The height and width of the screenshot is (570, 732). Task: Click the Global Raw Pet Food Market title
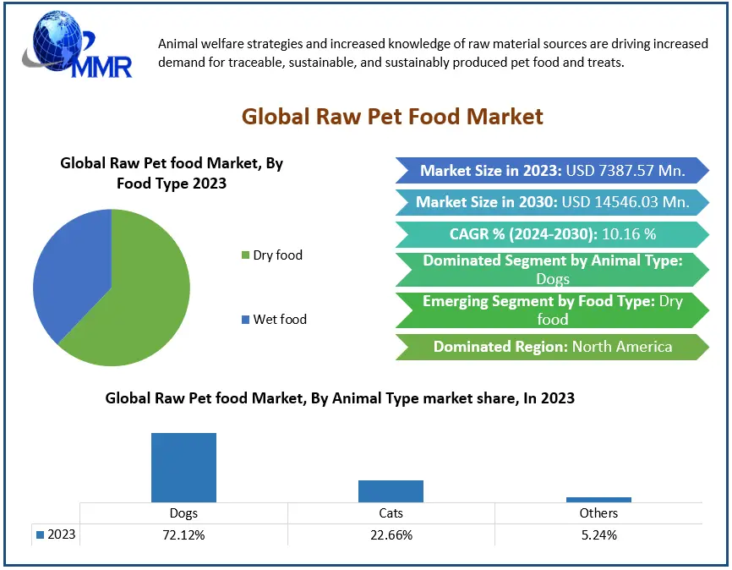392,116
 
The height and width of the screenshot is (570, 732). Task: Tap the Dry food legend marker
245,255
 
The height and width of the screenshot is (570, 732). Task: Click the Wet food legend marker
245,320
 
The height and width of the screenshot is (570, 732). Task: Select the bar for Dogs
183,467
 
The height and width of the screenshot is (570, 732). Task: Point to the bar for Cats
391,491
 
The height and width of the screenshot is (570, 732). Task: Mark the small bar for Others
598,499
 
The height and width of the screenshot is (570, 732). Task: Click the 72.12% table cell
183,534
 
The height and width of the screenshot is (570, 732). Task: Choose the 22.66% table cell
391,534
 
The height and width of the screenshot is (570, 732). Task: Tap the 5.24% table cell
598,534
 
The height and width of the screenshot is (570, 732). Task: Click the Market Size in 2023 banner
552,170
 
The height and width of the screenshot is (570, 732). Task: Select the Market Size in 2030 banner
552,202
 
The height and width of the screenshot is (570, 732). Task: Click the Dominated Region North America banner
552,347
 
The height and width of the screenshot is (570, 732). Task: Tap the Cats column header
391,512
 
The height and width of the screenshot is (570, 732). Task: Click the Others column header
598,512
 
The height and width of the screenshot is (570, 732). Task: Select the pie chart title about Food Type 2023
172,173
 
